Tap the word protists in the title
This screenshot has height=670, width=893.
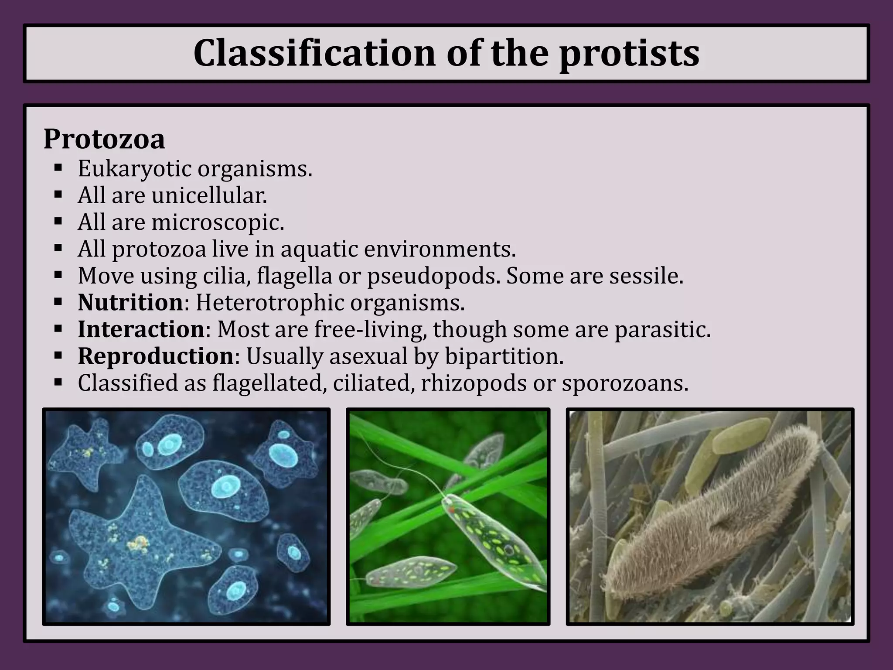[x=629, y=53]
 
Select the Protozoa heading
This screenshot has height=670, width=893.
[x=104, y=139]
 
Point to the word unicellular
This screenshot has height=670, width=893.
[x=209, y=196]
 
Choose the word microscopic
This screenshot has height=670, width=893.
[x=218, y=223]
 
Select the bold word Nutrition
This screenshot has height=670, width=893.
[x=130, y=303]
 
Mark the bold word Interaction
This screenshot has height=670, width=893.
[x=141, y=330]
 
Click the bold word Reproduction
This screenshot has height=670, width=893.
[x=156, y=356]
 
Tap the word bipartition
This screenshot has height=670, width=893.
[x=504, y=356]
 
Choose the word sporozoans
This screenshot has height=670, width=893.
[x=625, y=383]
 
